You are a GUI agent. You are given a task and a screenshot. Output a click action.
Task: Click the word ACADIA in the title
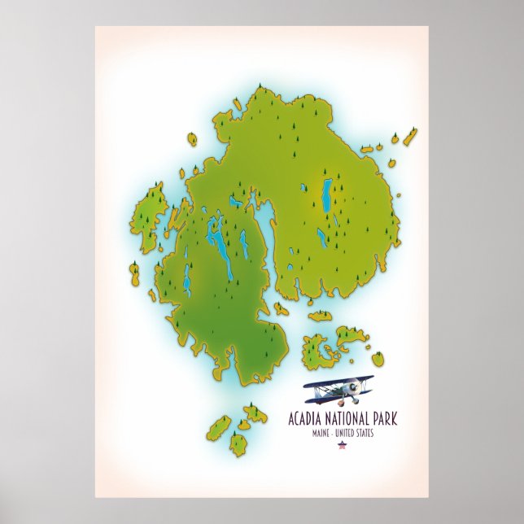coord(306,420)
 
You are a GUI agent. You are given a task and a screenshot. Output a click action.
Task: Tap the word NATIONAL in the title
coord(348,420)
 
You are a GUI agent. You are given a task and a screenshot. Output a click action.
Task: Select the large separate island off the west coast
coord(150,217)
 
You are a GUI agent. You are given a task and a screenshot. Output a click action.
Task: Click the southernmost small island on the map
coord(238,444)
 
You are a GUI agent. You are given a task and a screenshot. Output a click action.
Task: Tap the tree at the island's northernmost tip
coord(260,85)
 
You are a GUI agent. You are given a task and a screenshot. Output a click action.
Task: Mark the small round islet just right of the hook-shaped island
coord(378,358)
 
